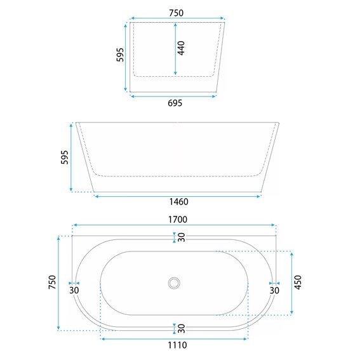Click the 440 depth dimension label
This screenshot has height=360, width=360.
181,48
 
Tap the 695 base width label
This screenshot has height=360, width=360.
175,103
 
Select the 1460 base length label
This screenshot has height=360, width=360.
178,202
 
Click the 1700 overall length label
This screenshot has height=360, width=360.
178,220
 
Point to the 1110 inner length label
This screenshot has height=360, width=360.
177,345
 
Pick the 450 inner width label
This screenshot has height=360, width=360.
298,283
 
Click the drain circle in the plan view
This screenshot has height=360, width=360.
174,283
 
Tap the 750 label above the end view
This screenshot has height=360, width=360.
176,13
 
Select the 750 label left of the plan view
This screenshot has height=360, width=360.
52,282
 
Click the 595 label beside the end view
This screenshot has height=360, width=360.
120,55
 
